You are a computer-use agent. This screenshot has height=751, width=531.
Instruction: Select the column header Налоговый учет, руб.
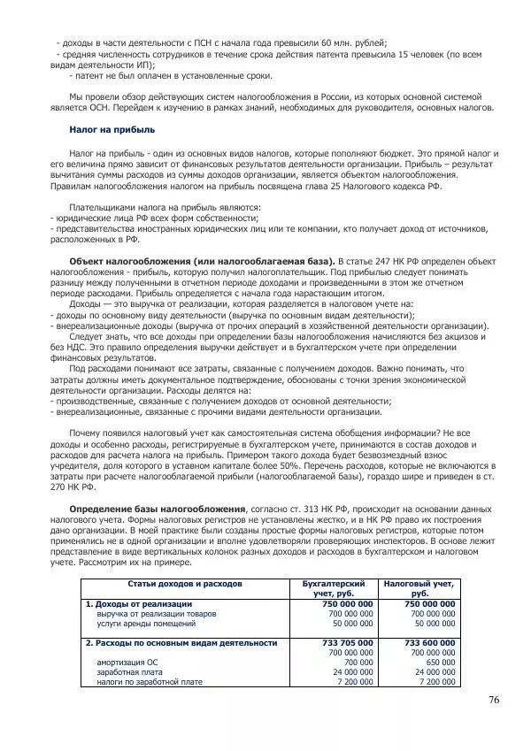point(419,588)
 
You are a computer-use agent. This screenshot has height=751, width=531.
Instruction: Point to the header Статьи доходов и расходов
point(185,584)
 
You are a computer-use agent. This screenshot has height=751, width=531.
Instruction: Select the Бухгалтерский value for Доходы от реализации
point(346,603)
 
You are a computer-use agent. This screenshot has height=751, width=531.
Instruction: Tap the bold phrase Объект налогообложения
point(129,263)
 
